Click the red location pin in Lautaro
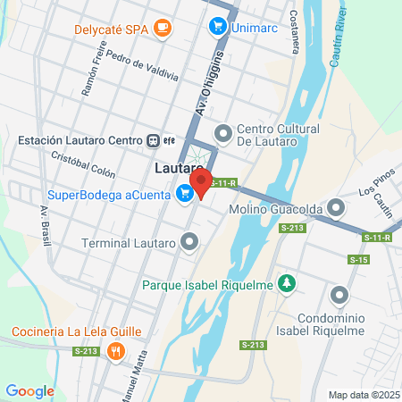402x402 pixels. (x=201, y=182)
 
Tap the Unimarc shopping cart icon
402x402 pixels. (x=217, y=27)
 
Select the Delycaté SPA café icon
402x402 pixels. (x=162, y=29)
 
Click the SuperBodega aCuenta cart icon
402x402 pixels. (x=185, y=192)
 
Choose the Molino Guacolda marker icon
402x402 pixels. (x=336, y=208)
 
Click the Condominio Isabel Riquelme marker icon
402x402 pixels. (x=339, y=296)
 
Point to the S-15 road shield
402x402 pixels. (x=359, y=260)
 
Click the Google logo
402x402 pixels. (x=29, y=390)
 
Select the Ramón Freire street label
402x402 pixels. (x=94, y=73)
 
